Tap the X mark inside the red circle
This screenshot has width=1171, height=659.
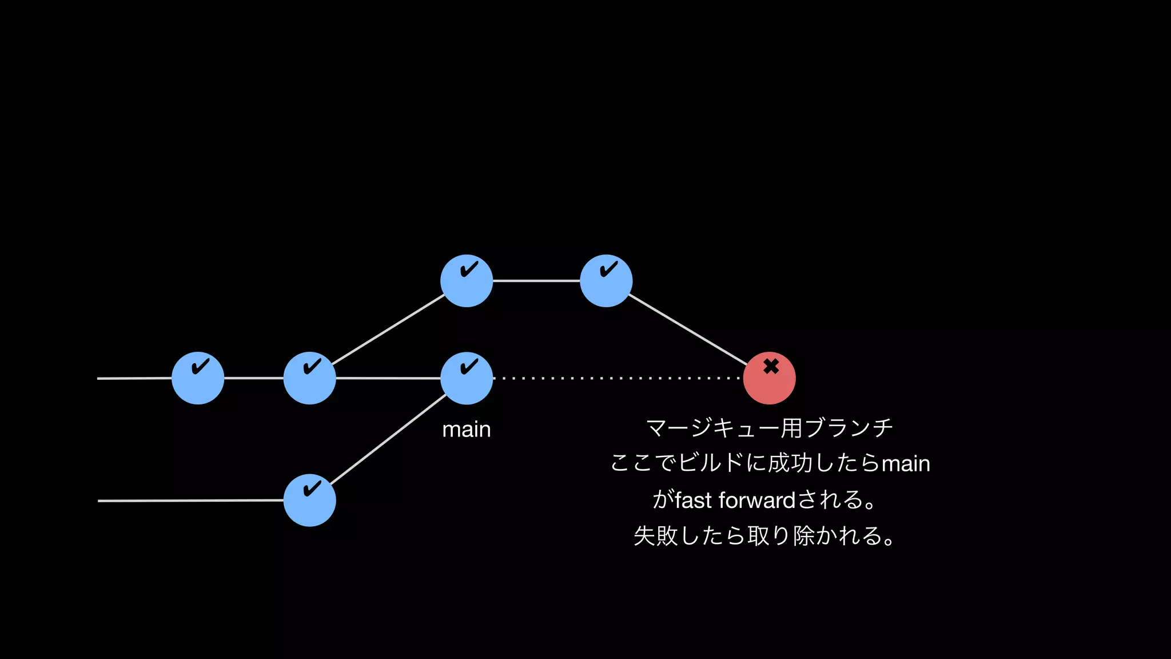click(x=771, y=366)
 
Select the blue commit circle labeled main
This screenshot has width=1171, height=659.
click(x=467, y=378)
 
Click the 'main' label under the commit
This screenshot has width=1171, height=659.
click(x=467, y=430)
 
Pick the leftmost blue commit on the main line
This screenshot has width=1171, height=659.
click(x=198, y=378)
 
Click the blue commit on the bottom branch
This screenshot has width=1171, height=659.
click(x=309, y=501)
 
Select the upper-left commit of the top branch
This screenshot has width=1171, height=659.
click(x=467, y=281)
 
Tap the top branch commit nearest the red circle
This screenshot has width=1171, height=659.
click(x=606, y=281)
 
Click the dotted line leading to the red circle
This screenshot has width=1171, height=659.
click(x=618, y=378)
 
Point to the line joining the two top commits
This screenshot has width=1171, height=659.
click(x=536, y=281)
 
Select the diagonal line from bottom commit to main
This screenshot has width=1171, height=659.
click(x=389, y=439)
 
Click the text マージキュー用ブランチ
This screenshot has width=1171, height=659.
click(x=769, y=428)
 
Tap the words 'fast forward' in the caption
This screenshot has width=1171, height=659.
click(x=735, y=501)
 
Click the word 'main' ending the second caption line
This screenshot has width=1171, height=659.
click(x=906, y=464)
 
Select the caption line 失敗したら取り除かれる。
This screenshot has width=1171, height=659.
click(x=764, y=536)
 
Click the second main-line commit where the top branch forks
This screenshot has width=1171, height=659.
click(x=309, y=378)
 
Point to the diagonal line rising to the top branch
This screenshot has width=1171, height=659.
click(x=389, y=329)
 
